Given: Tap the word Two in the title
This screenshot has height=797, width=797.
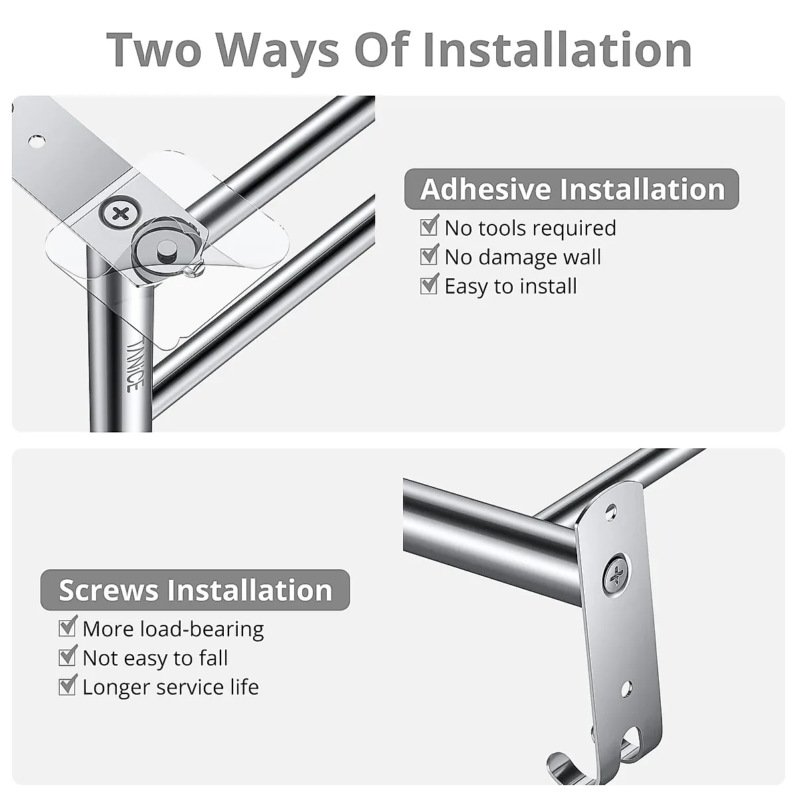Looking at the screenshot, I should click(154, 49).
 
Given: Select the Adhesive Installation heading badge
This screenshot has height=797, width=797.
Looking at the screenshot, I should click(571, 189).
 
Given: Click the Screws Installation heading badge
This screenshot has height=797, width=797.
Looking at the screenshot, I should click(195, 590).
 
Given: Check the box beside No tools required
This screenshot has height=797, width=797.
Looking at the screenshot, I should click(429, 227).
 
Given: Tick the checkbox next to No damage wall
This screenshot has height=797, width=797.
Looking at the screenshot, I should click(429, 256).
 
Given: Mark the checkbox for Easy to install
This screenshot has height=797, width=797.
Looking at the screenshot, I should click(429, 286).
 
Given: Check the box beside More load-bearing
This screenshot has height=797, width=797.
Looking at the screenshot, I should click(67, 628).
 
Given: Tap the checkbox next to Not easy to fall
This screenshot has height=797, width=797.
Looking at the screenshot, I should click(67, 657).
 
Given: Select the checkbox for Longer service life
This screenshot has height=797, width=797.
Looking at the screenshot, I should click(67, 686).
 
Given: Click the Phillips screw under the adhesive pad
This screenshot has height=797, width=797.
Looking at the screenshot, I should click(120, 215).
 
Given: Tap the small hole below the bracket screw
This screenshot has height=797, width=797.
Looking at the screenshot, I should click(624, 688).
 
